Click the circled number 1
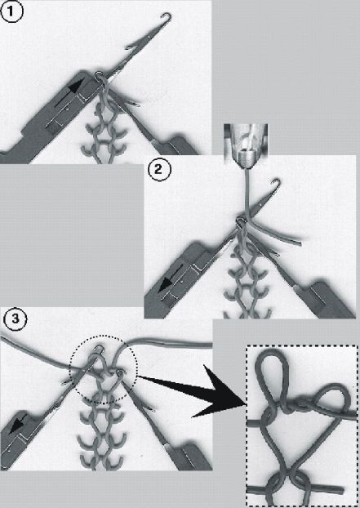pos(12,12)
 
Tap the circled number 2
pos(159,170)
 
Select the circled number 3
pos(16,319)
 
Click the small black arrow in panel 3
pos(18,424)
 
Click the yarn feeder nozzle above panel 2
pos(246,146)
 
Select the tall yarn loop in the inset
pos(273,377)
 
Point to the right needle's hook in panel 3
pos(121,373)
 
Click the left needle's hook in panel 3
pos(99,349)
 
